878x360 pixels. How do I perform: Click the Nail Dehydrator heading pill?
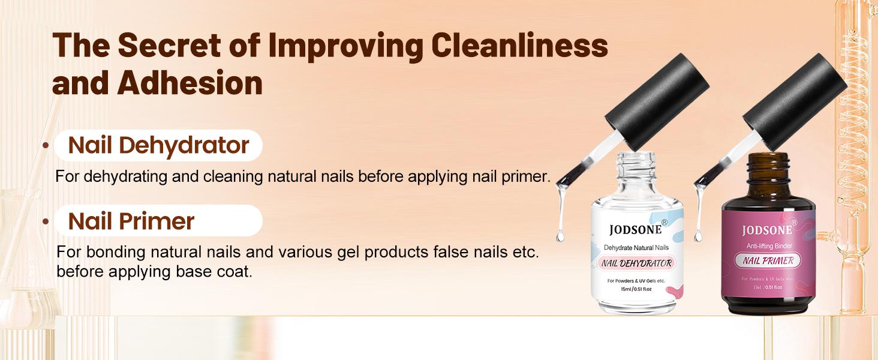[158, 145]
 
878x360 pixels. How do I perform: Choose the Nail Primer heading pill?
[158, 221]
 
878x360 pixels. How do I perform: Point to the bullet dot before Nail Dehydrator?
[46, 146]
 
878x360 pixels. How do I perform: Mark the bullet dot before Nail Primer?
[46, 221]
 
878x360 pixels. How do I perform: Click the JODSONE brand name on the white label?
[635, 230]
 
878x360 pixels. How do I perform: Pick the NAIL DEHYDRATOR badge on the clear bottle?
[635, 263]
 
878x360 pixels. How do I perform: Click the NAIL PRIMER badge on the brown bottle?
[768, 261]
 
